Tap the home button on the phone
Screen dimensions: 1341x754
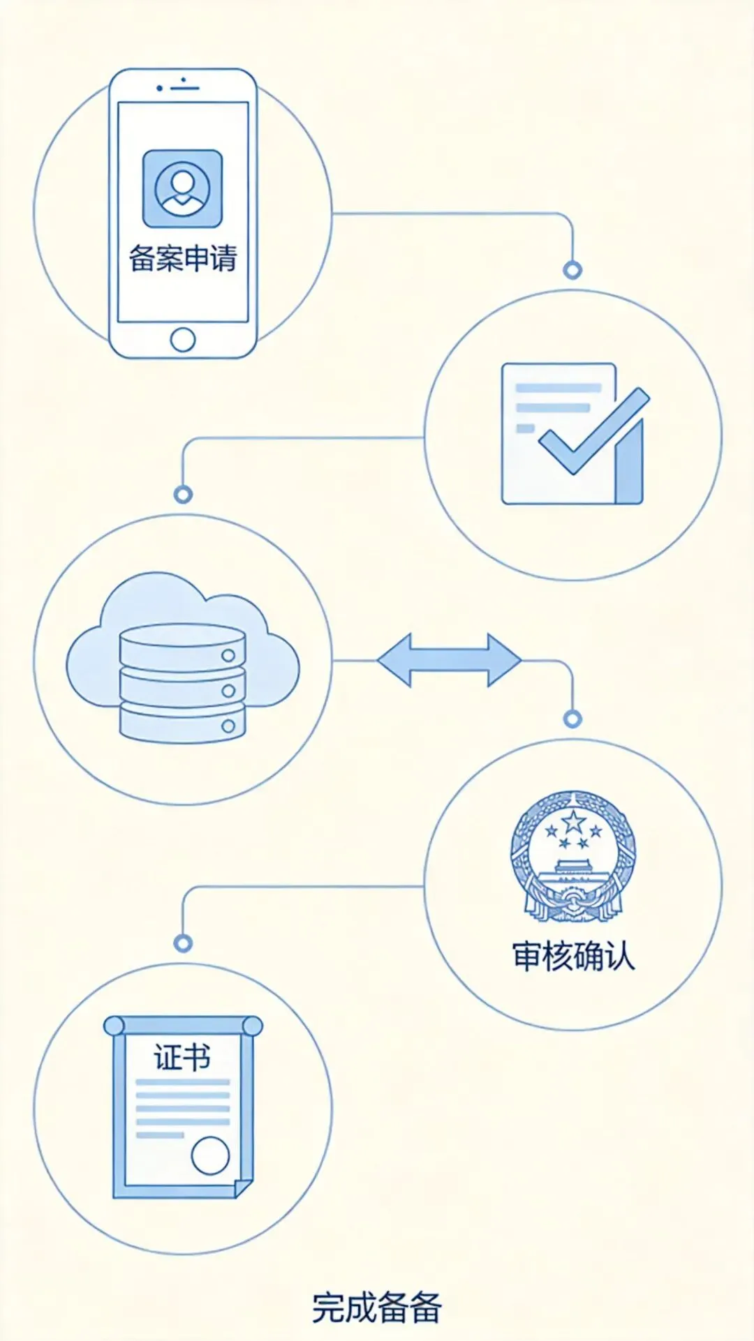[183, 340]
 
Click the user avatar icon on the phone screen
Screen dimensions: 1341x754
[182, 188]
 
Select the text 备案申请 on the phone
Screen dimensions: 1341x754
[183, 258]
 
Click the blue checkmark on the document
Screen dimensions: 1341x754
[593, 433]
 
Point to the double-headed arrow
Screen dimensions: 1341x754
[449, 660]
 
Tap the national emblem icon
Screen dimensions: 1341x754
[573, 855]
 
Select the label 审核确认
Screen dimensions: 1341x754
[573, 956]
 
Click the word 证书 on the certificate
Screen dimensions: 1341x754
[182, 1057]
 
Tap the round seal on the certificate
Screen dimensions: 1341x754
[210, 1155]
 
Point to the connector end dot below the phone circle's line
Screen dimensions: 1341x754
[572, 270]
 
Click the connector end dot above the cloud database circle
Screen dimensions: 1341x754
[183, 495]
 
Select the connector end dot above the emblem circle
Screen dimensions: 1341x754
[572, 719]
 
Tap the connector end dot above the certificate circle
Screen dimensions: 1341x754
[183, 943]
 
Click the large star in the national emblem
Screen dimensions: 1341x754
[573, 822]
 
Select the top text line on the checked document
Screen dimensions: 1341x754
[559, 388]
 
